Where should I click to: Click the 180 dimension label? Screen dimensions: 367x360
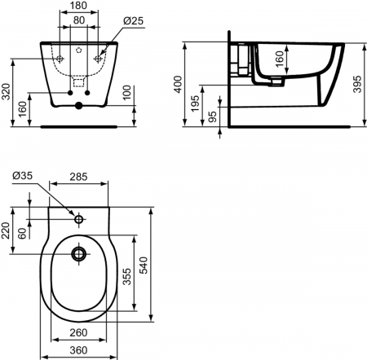pyautogui.click(x=77, y=5)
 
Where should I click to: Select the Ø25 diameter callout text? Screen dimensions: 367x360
pyautogui.click(x=133, y=20)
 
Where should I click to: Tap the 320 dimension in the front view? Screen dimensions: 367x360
pyautogui.click(x=6, y=91)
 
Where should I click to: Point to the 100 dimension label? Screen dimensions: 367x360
pyautogui.click(x=126, y=92)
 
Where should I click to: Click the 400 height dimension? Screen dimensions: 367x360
pyautogui.click(x=178, y=84)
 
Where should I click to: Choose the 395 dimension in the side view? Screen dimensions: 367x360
pyautogui.click(x=357, y=84)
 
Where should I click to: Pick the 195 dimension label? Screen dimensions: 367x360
pyautogui.click(x=195, y=103)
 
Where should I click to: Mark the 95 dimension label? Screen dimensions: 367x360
pyautogui.click(x=213, y=116)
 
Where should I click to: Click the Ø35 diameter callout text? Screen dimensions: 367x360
pyautogui.click(x=22, y=176)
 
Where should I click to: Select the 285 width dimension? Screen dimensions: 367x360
pyautogui.click(x=78, y=177)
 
